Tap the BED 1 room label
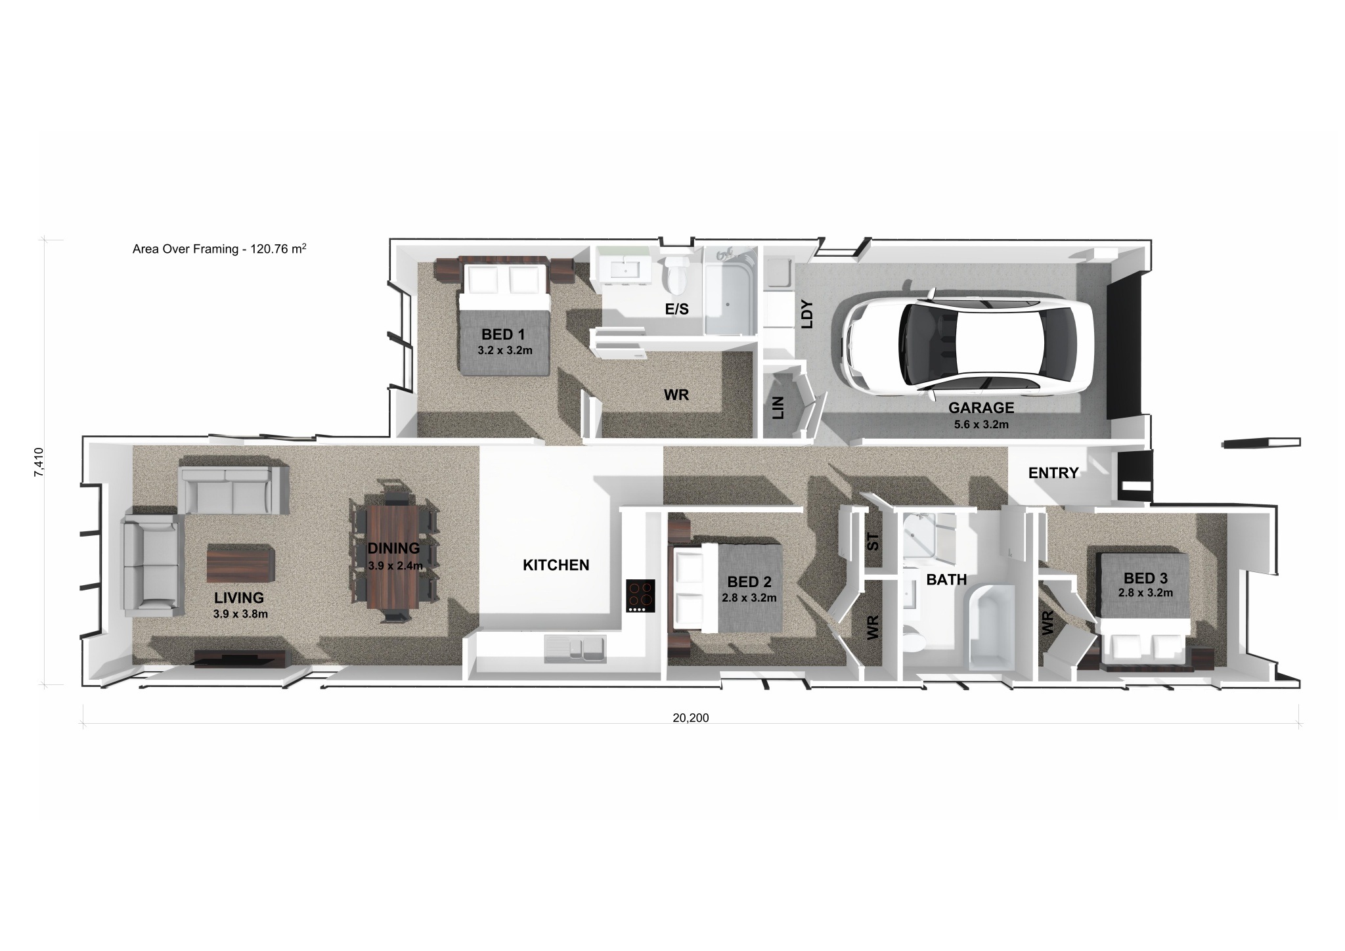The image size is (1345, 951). [503, 335]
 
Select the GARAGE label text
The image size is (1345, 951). [981, 408]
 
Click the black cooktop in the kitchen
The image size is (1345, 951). [640, 596]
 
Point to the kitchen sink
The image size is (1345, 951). [574, 649]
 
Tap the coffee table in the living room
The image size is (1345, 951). [240, 564]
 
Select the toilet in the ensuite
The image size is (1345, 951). [674, 278]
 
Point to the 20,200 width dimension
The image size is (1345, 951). [690, 718]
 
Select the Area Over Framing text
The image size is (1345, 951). [219, 249]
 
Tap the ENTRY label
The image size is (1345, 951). [1053, 473]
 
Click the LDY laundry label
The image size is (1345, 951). [807, 314]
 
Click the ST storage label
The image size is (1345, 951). [873, 542]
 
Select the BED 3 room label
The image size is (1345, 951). [1145, 579]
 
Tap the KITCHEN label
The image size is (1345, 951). [556, 565]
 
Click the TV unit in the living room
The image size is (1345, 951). [240, 658]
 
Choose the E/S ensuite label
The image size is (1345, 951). [676, 309]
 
